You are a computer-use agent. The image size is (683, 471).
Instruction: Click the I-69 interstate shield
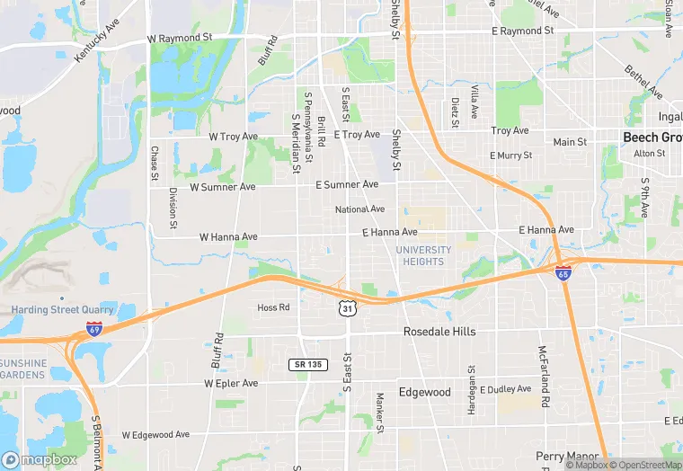point(94,329)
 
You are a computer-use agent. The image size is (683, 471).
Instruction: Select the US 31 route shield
point(346,308)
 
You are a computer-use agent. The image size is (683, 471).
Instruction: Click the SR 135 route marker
point(307,364)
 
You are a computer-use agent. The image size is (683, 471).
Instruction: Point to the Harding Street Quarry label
point(62,309)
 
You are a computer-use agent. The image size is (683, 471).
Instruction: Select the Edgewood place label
point(424,392)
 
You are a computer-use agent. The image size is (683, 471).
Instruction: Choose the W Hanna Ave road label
point(228,236)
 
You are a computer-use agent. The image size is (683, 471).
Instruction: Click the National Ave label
point(359,209)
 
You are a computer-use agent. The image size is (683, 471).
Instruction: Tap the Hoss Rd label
point(273,307)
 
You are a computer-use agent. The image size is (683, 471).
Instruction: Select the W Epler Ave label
point(231,383)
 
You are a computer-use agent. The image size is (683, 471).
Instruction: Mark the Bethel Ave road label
point(643,82)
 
